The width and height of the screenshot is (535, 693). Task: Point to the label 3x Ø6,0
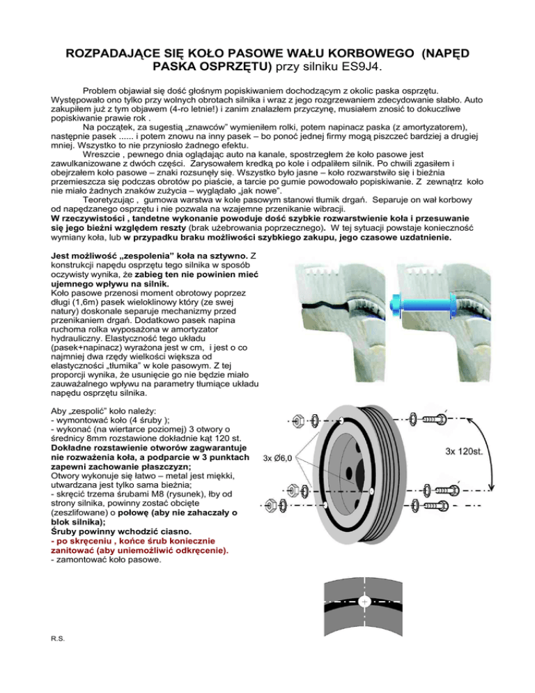pos(280,458)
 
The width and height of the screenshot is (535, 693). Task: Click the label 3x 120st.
pos(468,450)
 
